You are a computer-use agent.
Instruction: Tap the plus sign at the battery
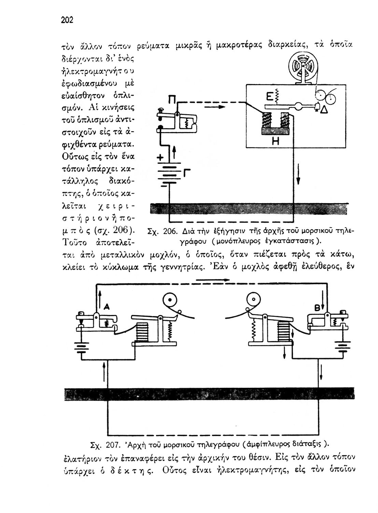click(159, 158)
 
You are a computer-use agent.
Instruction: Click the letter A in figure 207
click(107, 307)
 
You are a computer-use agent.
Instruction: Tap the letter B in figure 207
click(316, 308)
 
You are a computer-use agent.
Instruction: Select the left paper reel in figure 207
click(170, 301)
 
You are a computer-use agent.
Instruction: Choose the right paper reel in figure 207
click(253, 301)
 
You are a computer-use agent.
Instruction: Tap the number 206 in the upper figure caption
click(169, 231)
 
